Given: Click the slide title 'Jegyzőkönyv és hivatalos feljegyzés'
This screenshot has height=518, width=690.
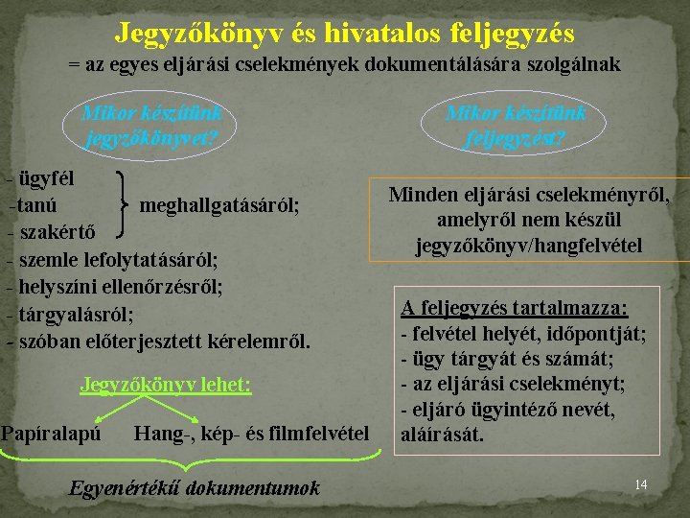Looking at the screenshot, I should pos(345,34).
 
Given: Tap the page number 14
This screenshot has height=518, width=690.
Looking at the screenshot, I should pos(641,484).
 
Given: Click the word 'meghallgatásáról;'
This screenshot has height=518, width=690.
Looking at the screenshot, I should pos(219,204).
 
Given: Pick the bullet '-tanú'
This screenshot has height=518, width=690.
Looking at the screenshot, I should pos(33,204).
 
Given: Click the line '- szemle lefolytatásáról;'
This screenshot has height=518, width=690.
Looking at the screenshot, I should pos(112,259).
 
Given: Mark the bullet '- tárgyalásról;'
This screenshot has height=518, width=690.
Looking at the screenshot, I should pos(70,313).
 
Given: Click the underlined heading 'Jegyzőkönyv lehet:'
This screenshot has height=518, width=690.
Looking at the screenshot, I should pos(166,385).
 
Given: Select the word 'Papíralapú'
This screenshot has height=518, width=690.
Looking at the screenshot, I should pos(51,434).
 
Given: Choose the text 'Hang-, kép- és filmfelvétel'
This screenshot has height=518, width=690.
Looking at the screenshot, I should pos(251,434).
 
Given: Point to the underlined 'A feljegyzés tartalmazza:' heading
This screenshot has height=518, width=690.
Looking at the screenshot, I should pos(515,308).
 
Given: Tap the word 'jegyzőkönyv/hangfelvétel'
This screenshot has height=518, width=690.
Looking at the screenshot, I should pos(529,246).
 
